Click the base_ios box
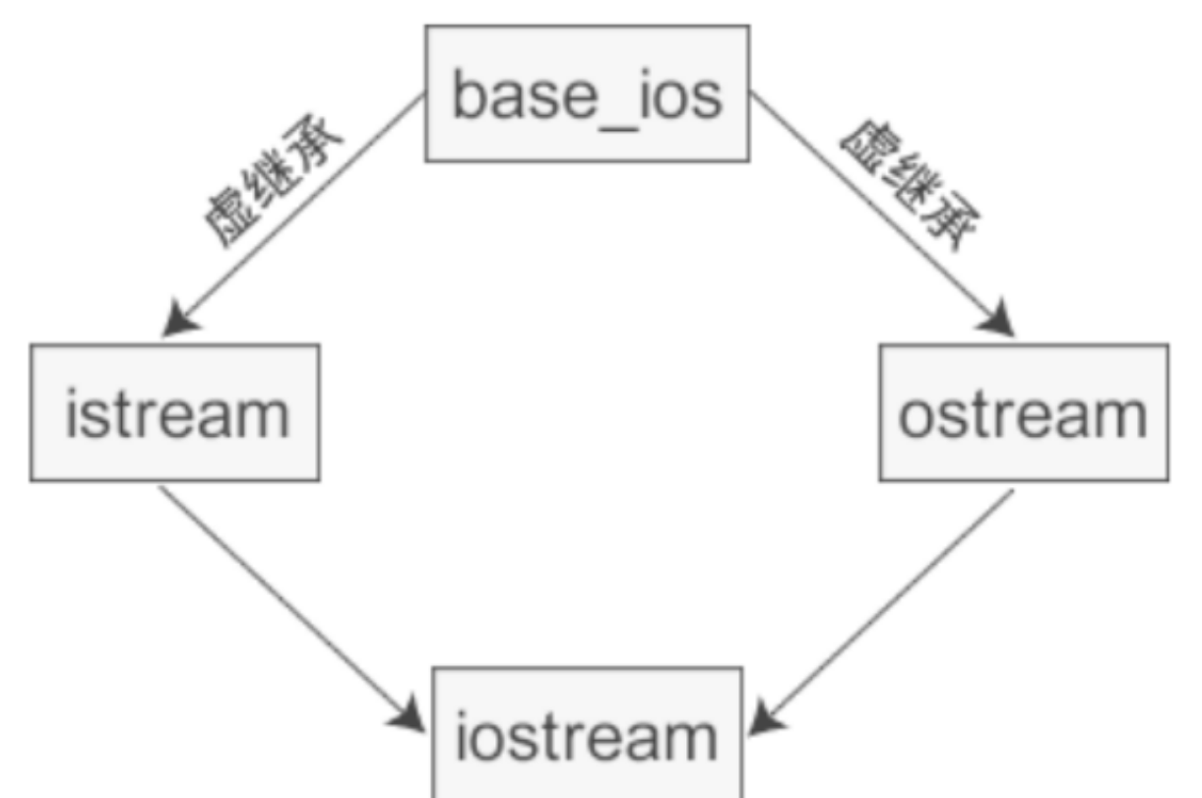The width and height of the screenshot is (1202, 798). click(x=586, y=93)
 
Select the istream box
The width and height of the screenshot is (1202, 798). click(x=174, y=412)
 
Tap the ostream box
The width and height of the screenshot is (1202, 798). click(x=1024, y=412)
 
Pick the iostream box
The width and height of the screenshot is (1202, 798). click(x=588, y=733)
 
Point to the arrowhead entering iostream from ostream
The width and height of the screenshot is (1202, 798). click(x=768, y=716)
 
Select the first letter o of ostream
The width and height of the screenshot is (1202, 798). click(x=916, y=417)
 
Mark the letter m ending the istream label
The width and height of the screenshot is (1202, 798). click(x=265, y=417)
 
